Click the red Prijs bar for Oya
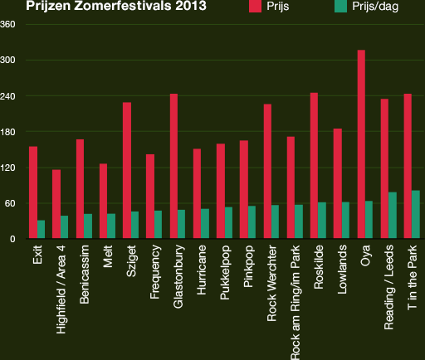point(361,145)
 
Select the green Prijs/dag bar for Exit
point(41,230)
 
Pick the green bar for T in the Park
point(416,215)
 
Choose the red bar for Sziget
point(127,171)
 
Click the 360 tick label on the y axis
point(8,24)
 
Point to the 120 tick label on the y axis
point(8,168)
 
